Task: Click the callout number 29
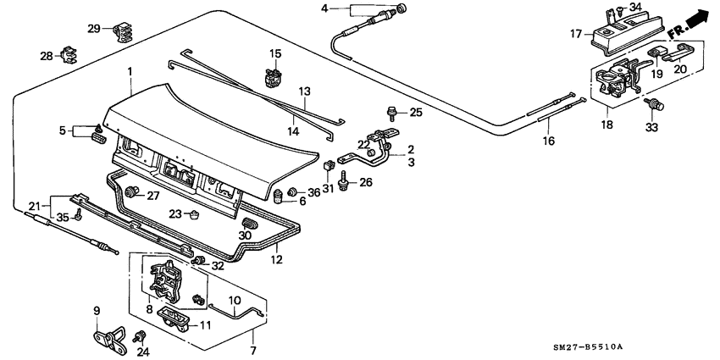[93, 29]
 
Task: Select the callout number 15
[274, 54]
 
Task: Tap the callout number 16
[547, 142]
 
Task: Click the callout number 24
[142, 352]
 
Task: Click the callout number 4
[324, 8]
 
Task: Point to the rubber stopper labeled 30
[249, 224]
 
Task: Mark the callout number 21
[34, 206]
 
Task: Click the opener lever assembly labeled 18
[615, 82]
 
